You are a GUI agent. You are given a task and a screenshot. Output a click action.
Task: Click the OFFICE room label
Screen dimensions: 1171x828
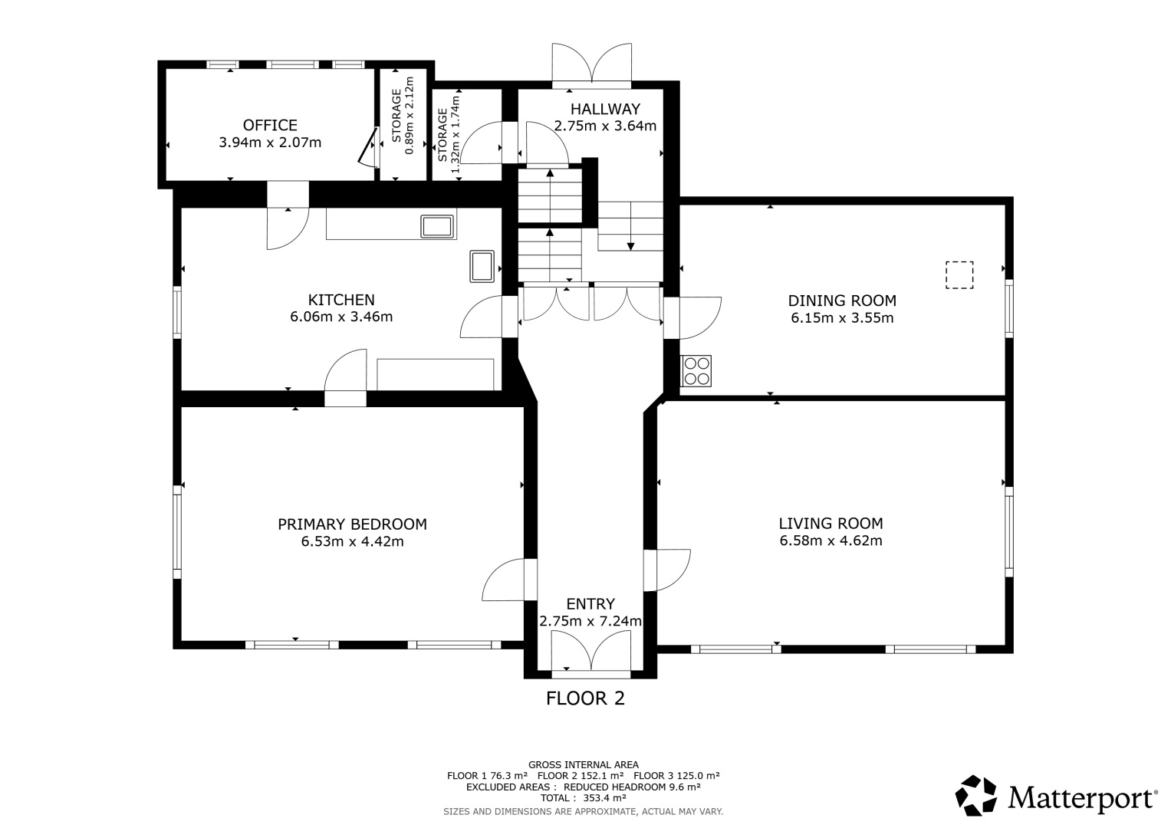pyautogui.click(x=270, y=125)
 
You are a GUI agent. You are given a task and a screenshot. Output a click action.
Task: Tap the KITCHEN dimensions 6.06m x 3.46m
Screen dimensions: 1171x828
pyautogui.click(x=341, y=317)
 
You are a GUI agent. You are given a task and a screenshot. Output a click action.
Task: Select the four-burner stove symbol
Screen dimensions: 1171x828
pyautogui.click(x=696, y=370)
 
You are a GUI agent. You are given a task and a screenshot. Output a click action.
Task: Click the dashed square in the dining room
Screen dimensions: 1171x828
pyautogui.click(x=959, y=275)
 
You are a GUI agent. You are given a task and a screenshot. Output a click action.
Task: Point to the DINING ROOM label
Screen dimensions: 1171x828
pyautogui.click(x=842, y=301)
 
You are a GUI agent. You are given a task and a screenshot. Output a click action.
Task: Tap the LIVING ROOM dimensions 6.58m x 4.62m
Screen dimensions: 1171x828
pyautogui.click(x=831, y=540)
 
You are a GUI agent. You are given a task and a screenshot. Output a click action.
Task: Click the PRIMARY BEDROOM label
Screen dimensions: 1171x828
pyautogui.click(x=352, y=524)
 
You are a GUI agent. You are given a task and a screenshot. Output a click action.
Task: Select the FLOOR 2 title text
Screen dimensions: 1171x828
pyautogui.click(x=586, y=698)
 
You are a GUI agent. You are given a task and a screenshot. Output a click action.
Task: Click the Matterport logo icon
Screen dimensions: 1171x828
pyautogui.click(x=976, y=796)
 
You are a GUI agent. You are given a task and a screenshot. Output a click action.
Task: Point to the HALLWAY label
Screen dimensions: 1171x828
pyautogui.click(x=605, y=109)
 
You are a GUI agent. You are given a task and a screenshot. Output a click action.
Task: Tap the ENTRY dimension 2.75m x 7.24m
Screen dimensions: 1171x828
pyautogui.click(x=590, y=621)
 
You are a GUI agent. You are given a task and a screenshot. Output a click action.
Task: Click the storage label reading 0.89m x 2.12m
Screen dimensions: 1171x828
pyautogui.click(x=410, y=116)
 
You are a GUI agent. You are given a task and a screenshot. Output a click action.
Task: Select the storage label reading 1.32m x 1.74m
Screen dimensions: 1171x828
pyautogui.click(x=456, y=134)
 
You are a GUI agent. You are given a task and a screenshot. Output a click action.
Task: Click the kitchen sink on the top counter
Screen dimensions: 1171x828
pyautogui.click(x=437, y=226)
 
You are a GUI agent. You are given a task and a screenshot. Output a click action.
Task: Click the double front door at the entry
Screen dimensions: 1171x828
pyautogui.click(x=591, y=650)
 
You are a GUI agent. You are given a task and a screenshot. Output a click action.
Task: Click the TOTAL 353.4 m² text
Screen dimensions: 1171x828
pyautogui.click(x=584, y=797)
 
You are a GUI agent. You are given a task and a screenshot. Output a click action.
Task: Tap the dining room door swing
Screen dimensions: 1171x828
pyautogui.click(x=692, y=318)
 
